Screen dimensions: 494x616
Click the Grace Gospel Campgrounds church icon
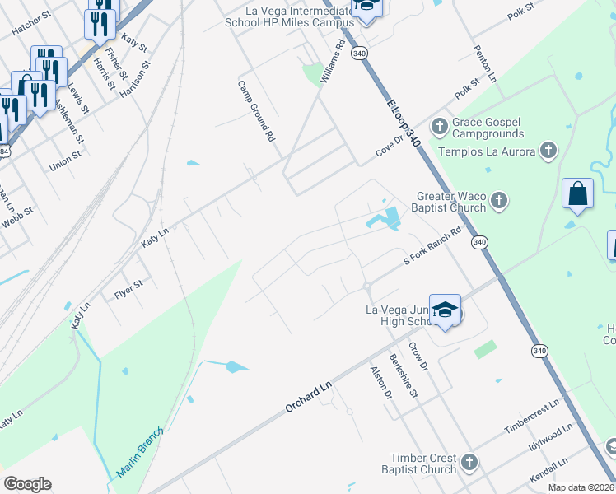(440, 126)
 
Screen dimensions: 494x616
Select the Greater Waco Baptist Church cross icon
(498, 200)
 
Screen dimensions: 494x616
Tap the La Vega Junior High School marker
(445, 311)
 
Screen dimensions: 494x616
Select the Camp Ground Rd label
(256, 110)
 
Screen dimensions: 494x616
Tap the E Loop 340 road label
(404, 123)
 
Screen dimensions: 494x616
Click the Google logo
(27, 484)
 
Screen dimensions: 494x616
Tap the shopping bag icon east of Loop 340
(578, 195)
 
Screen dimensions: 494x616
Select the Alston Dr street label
(380, 383)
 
